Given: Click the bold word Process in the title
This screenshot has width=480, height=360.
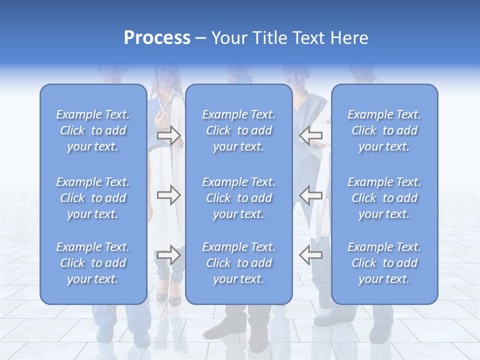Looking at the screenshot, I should [157, 38].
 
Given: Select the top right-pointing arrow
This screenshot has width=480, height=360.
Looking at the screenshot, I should [168, 135].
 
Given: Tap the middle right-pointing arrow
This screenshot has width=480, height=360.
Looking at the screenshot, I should [168, 195].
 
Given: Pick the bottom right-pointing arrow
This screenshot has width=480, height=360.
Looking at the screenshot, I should [168, 255].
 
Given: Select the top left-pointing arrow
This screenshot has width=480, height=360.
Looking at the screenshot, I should [310, 135].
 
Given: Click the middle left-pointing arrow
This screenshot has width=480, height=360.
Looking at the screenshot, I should [310, 195].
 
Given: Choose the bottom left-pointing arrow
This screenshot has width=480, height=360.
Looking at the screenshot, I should [310, 255].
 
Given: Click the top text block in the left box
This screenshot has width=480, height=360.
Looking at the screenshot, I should [93, 130].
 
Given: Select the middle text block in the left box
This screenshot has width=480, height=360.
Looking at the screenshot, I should [93, 198].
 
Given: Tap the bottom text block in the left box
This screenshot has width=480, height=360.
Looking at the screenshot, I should [93, 263].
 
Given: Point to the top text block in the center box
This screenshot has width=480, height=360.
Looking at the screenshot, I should [239, 130].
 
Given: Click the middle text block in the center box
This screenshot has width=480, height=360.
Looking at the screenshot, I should [239, 198].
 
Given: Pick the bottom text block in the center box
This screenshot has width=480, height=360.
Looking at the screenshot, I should [239, 263].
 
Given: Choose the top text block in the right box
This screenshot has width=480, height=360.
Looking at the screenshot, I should [384, 130].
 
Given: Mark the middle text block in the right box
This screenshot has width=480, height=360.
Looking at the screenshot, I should [384, 198].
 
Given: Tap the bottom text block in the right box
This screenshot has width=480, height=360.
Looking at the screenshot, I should [384, 263].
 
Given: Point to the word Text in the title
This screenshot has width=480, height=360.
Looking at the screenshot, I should [309, 38].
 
